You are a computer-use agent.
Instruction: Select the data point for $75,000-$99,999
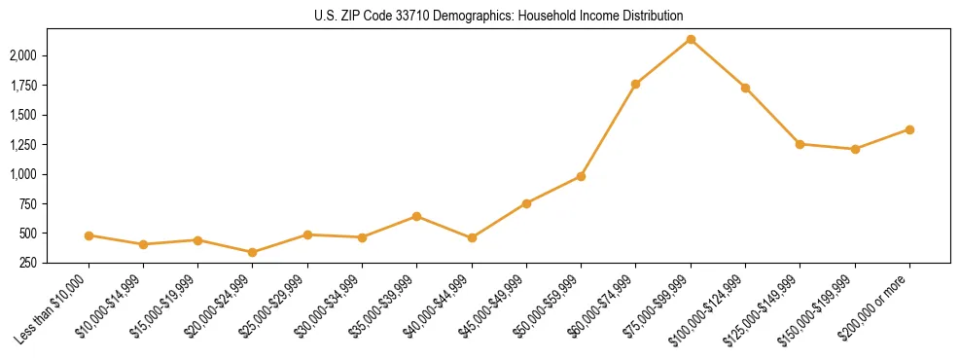pyautogui.click(x=691, y=39)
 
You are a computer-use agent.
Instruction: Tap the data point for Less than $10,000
pyautogui.click(x=89, y=235)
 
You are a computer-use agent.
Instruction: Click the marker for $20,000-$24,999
pyautogui.click(x=253, y=252)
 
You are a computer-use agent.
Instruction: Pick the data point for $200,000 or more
pyautogui.click(x=909, y=129)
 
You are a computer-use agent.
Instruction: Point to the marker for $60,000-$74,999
pyautogui.click(x=635, y=84)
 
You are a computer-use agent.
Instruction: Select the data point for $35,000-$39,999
pyautogui.click(x=416, y=216)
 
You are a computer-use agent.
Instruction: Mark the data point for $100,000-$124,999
pyautogui.click(x=745, y=88)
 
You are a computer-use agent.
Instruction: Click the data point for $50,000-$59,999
pyautogui.click(x=581, y=176)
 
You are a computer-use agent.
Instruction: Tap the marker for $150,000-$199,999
pyautogui.click(x=855, y=149)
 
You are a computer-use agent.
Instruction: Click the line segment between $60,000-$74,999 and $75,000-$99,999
pyautogui.click(x=663, y=61)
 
